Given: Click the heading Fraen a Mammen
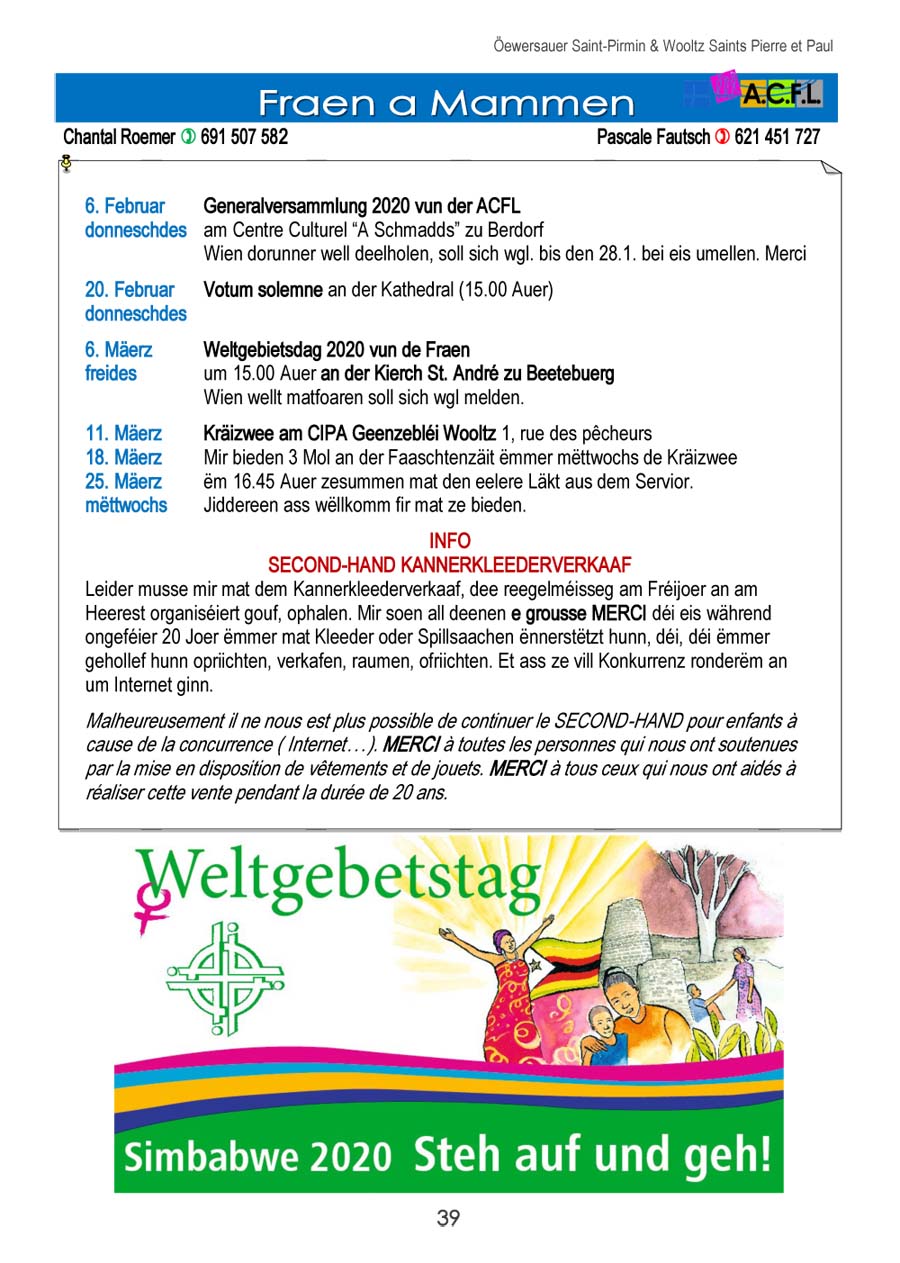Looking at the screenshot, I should click(x=446, y=102).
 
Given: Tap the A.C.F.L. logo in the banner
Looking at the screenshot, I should click(x=780, y=96).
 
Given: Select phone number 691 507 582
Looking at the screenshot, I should click(x=244, y=137).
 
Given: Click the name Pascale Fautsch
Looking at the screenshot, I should click(x=653, y=137).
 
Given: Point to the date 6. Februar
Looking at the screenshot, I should click(x=125, y=207).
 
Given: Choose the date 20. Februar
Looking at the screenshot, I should click(x=129, y=290).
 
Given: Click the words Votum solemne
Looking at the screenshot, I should click(x=263, y=290).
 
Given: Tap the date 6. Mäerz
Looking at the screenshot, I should click(x=119, y=350).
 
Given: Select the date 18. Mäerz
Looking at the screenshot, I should click(x=124, y=458).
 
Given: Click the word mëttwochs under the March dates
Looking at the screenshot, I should click(x=126, y=505).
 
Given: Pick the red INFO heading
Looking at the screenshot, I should click(x=449, y=541).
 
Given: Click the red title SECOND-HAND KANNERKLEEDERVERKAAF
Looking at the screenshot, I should click(x=449, y=564).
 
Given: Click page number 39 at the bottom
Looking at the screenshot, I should click(x=448, y=1218).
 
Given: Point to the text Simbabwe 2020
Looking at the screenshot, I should click(x=257, y=1157).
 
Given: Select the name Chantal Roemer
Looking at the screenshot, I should click(x=118, y=137).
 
